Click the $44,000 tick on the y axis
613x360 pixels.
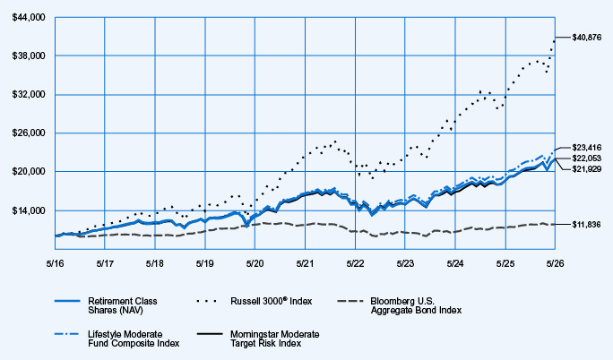(29, 18)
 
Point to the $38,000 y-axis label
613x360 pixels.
(29, 56)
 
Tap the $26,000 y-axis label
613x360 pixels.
(29, 133)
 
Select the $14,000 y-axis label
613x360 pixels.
(29, 210)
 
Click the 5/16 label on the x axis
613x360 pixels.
(56, 263)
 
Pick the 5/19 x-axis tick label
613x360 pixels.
(205, 263)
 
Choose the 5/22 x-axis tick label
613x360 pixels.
(355, 263)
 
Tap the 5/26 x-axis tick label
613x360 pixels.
(555, 263)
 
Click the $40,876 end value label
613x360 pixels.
(587, 38)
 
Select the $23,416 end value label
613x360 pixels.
(587, 148)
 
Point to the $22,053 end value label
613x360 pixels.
(587, 159)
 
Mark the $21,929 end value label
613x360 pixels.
(587, 169)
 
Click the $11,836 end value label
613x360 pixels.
(586, 225)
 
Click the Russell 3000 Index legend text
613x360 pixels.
(272, 301)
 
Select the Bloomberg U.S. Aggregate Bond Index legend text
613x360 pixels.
(416, 305)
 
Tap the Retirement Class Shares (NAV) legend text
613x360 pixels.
(123, 305)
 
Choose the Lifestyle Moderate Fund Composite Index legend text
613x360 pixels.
(134, 339)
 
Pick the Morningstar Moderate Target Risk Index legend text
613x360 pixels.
(275, 339)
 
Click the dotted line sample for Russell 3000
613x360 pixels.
(206, 301)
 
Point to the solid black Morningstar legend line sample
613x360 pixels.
(210, 334)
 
